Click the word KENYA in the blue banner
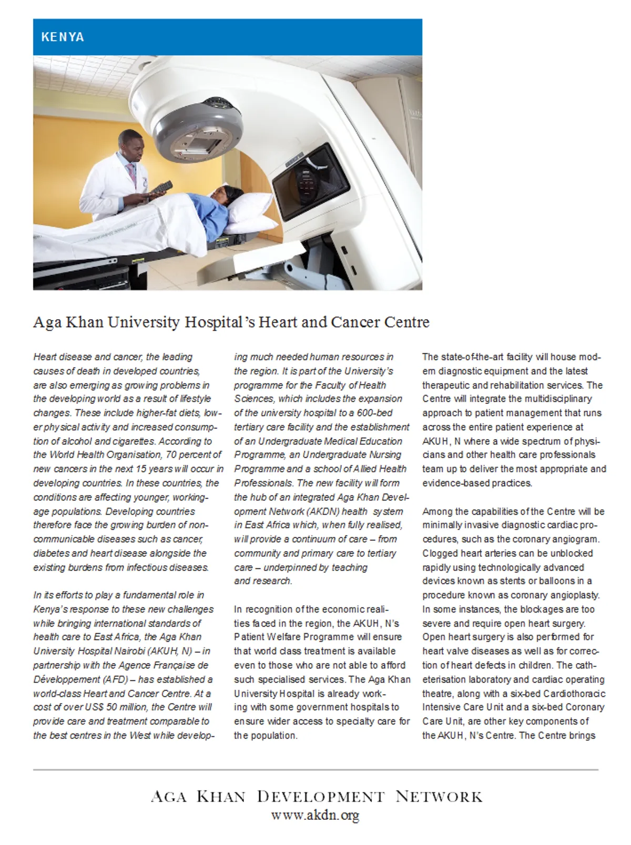tap(63, 37)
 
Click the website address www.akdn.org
tap(315, 816)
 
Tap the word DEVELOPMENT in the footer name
tap(321, 797)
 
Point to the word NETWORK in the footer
tap(439, 797)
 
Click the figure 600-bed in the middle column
tap(374, 413)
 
